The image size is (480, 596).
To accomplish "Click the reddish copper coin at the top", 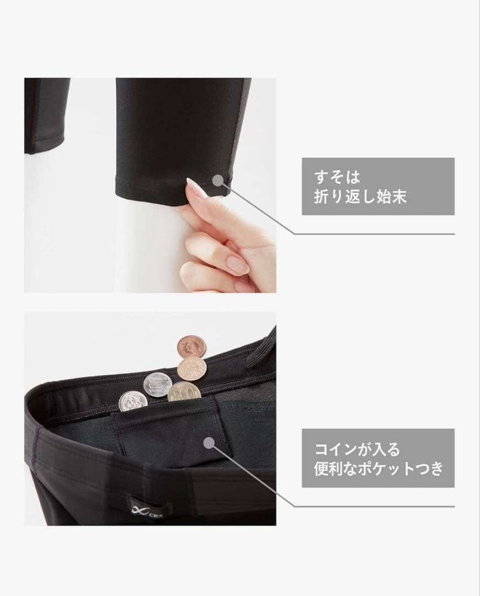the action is coord(191,347).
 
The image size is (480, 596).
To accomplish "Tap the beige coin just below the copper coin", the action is coord(192,369).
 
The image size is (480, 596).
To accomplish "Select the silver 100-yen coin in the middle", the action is coord(156,385).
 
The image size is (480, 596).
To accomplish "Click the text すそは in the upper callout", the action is coord(337,177).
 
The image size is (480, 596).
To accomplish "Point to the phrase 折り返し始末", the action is coord(360,196).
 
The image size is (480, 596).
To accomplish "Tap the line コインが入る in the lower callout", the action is coord(358,449).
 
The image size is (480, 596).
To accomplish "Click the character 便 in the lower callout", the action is coord(321,469).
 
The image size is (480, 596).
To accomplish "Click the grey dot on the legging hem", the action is coord(218,180).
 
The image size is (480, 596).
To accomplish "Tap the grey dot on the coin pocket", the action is coord(208,442).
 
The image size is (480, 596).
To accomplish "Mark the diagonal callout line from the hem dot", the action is coord(258,208).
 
